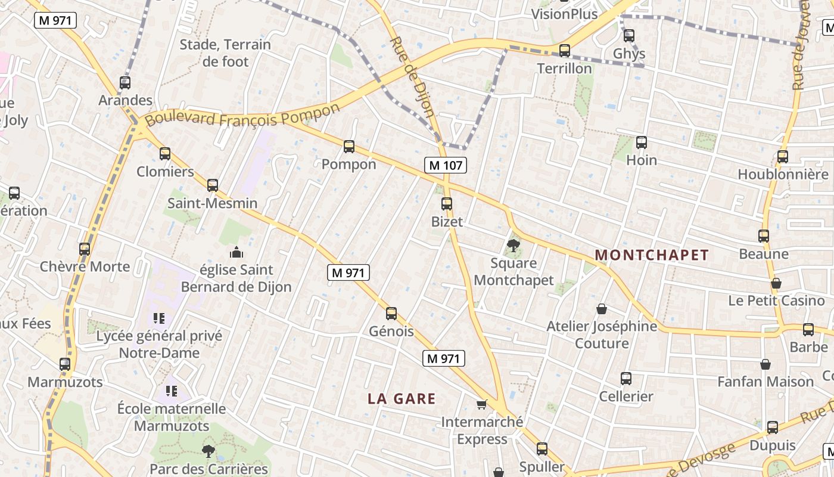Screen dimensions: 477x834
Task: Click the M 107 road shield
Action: pos(445,165)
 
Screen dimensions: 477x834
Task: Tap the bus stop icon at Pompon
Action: pos(349,146)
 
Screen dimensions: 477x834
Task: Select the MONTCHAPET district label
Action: pos(652,255)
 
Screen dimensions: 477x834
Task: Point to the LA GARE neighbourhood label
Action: pos(402,399)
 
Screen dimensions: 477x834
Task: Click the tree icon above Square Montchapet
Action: pos(513,245)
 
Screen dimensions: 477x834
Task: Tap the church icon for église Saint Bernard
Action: pos(236,252)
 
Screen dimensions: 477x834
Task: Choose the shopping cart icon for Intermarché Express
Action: pos(482,405)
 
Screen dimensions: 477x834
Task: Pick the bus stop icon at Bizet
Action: pos(447,204)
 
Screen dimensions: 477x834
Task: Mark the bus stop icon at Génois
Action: pos(391,313)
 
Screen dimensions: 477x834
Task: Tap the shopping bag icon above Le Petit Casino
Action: pos(776,283)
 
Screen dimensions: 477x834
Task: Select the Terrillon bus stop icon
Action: pos(564,51)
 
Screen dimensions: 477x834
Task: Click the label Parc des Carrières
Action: pos(208,469)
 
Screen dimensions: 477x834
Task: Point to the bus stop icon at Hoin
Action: pos(642,143)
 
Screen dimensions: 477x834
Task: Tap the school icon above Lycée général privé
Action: pos(158,318)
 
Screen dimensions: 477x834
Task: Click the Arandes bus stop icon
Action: pos(125,83)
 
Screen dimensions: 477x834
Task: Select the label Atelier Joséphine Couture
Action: pos(602,334)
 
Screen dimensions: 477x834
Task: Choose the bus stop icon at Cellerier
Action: pos(626,379)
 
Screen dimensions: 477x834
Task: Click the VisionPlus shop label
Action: pos(564,14)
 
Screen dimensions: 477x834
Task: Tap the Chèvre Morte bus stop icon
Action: pos(85,249)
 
